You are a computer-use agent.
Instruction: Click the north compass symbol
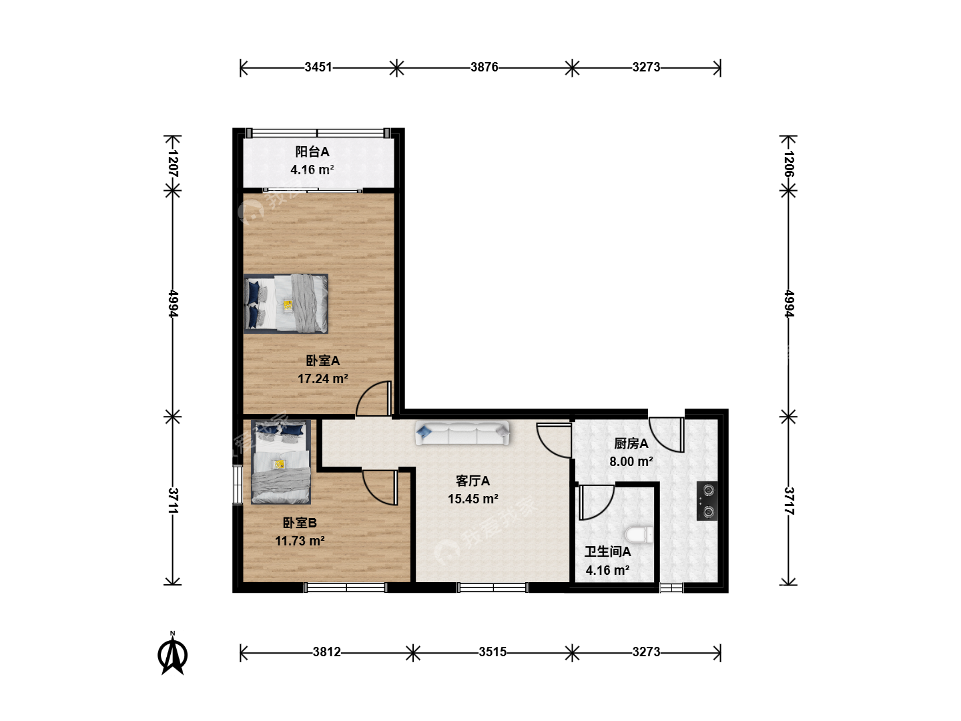tap(172, 654)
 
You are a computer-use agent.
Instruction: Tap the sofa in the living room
tap(462, 433)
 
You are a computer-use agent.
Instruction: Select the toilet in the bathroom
tap(639, 535)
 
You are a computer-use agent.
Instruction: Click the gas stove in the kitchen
tap(707, 501)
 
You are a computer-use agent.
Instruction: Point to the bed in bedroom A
tap(286, 304)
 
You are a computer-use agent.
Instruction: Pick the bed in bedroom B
tap(281, 462)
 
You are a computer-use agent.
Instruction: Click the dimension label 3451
tap(318, 67)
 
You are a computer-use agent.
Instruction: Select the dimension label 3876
tap(485, 67)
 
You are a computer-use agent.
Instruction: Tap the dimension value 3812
tap(326, 652)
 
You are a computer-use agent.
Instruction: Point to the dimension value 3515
tap(493, 652)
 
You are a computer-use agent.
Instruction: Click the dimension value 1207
tap(173, 164)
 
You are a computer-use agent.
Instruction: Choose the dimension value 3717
tap(789, 501)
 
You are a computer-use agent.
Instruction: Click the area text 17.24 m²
tap(323, 379)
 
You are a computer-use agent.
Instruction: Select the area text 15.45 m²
tap(473, 499)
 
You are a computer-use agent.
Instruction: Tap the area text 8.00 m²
tap(631, 461)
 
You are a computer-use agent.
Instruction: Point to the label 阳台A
tap(312, 152)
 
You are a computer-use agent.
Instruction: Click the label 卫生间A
tap(608, 552)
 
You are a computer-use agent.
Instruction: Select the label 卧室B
tap(300, 523)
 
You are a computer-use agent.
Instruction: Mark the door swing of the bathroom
tap(596, 502)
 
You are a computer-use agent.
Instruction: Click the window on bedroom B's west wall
tap(238, 485)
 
